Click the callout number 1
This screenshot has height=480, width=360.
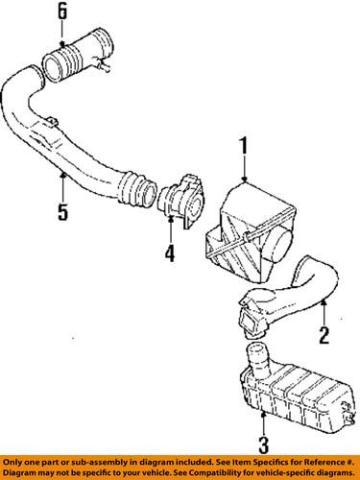coord(245,148)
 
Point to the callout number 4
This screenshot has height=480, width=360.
coord(169,255)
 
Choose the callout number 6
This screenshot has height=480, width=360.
coord(62,12)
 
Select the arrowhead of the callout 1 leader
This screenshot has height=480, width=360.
coord(246,181)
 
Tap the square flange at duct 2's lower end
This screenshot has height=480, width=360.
coord(246,316)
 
